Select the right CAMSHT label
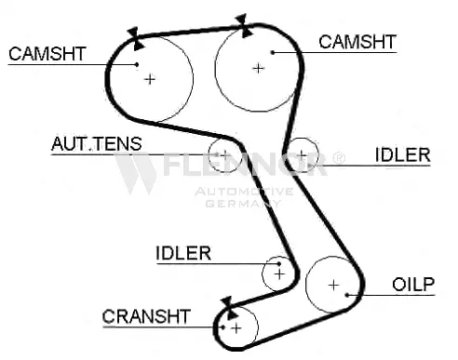pyautogui.click(x=357, y=42)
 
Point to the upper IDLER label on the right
pyautogui.click(x=402, y=154)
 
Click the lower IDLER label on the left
pyautogui.click(x=183, y=252)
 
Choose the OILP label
pyautogui.click(x=412, y=284)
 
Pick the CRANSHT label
pyautogui.click(x=147, y=316)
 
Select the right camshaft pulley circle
pyautogui.click(x=257, y=67)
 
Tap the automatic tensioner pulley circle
pyautogui.click(x=223, y=153)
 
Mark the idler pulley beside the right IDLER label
pyautogui.click(x=302, y=153)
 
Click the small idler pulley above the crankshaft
pyautogui.click(x=278, y=273)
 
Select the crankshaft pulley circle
pyautogui.click(x=236, y=327)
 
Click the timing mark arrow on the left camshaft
pyautogui.click(x=135, y=38)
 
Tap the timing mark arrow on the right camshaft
pyautogui.click(x=244, y=24)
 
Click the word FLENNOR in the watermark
pyautogui.click(x=244, y=168)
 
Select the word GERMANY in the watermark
pyautogui.click(x=244, y=203)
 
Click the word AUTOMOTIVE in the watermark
pyautogui.click(x=244, y=192)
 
